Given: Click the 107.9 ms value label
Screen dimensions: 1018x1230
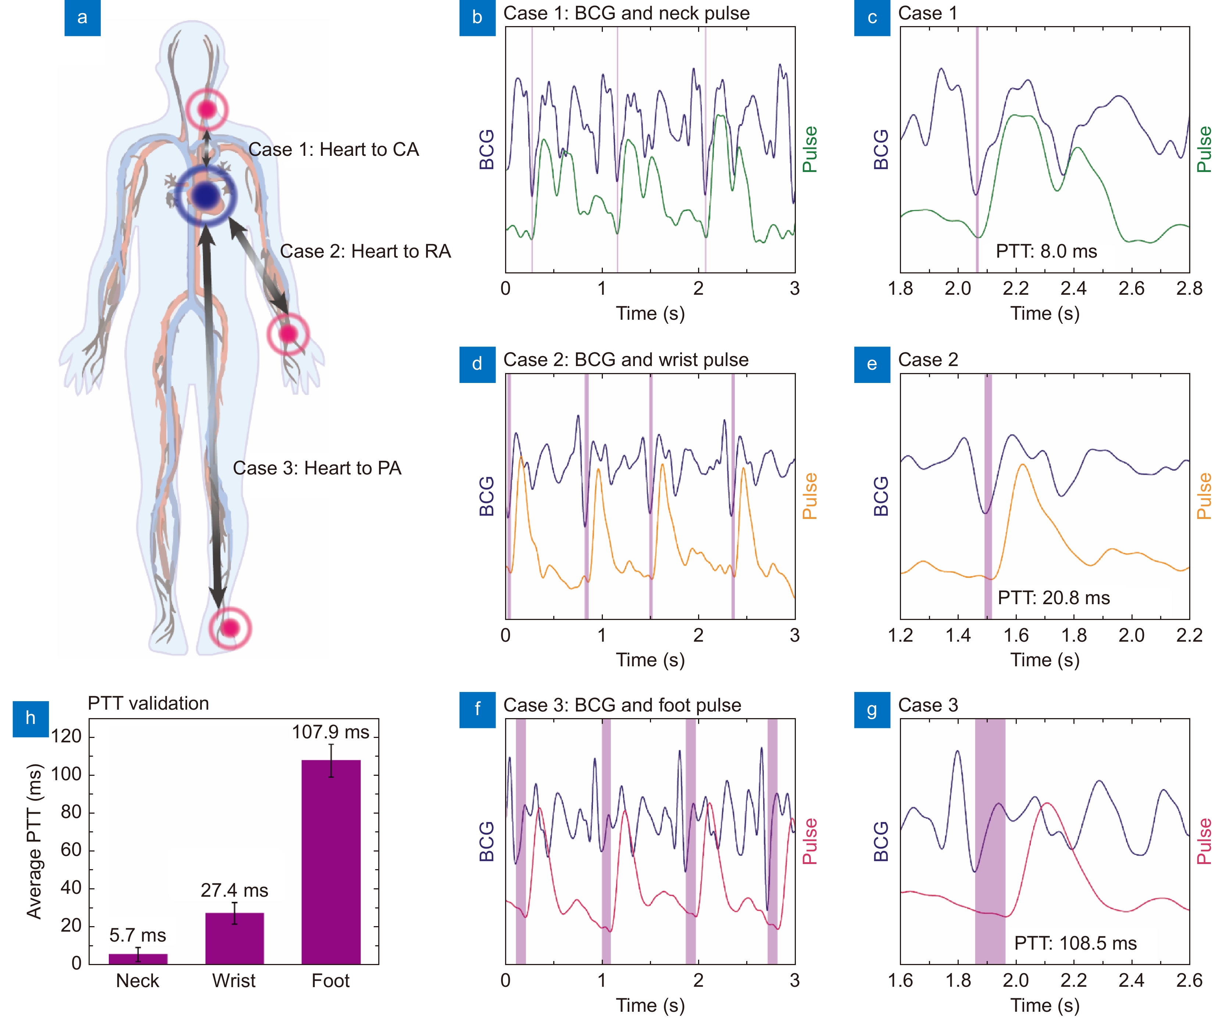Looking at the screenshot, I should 331,732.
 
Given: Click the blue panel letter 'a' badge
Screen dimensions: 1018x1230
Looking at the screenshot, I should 83,18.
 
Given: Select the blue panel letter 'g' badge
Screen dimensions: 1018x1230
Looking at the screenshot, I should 872,710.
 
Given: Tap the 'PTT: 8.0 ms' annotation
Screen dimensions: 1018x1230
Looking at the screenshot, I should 1046,251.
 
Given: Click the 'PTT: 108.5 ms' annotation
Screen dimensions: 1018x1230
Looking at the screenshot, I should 1075,944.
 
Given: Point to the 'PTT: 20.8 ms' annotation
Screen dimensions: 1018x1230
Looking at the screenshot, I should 1054,598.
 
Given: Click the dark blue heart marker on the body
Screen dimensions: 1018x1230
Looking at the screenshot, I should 205,196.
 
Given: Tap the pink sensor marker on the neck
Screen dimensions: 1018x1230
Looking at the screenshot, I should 206,110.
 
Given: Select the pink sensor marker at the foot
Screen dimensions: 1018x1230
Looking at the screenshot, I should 230,628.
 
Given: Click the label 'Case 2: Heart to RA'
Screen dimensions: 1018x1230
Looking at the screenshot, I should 365,251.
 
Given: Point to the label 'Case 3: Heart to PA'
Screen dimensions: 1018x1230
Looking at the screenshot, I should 317,468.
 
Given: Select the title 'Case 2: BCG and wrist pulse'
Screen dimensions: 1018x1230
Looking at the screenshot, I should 626,360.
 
